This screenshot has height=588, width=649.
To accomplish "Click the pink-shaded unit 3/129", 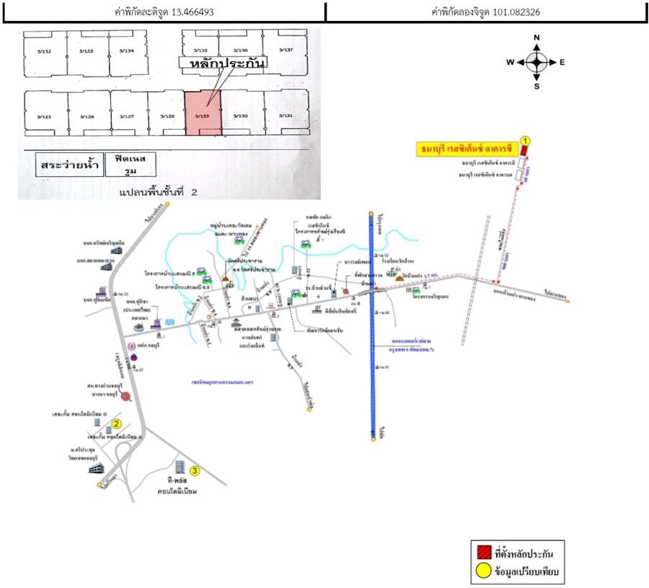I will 202,113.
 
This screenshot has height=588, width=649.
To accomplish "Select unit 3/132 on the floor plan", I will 45,51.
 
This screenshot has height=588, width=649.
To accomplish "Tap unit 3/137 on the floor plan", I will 286,51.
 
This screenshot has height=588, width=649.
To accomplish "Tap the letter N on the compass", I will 537,38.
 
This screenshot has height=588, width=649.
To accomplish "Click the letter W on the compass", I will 510,62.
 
